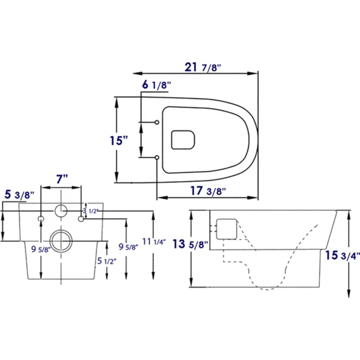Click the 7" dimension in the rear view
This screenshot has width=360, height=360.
(x=62, y=179)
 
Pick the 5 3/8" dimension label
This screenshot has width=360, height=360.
(x=19, y=195)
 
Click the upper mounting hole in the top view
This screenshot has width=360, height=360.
(x=156, y=122)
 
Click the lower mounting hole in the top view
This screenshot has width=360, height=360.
(x=156, y=157)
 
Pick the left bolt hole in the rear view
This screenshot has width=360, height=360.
(x=40, y=220)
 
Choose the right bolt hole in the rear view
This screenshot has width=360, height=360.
(x=81, y=220)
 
